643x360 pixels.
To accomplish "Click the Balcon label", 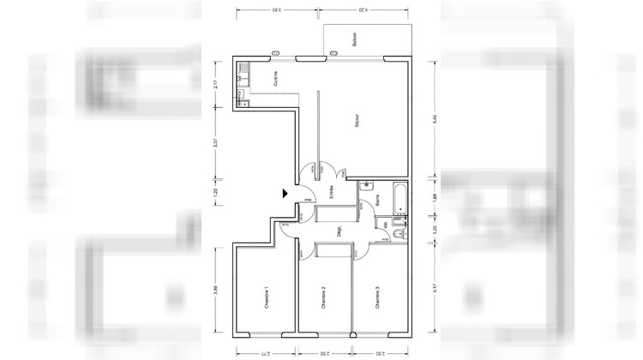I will pyautogui.click(x=354, y=39).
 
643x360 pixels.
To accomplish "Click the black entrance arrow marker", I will pyautogui.click(x=286, y=195).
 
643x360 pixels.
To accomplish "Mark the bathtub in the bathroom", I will pyautogui.click(x=400, y=200).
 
